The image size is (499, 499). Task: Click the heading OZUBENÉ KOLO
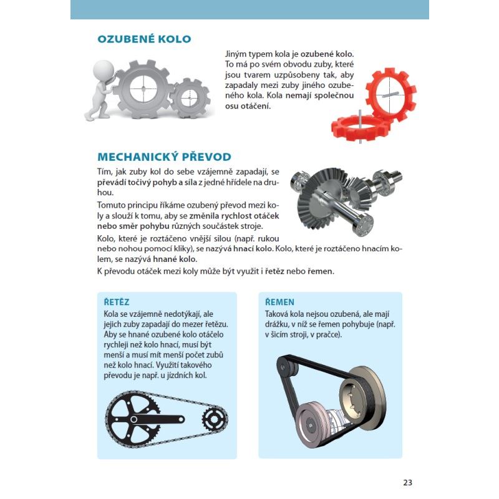pos(144,39)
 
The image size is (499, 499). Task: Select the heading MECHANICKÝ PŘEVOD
pos(164,157)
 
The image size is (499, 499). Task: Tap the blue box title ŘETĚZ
pos(117,302)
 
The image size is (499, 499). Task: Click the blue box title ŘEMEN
pos(279,302)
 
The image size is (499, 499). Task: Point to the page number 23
pos(408,482)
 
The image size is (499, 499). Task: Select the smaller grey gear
pos(190,99)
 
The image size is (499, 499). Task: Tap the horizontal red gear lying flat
pos(361,128)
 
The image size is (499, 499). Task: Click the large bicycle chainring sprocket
pos(133,419)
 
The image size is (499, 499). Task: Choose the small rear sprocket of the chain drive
pos(215,419)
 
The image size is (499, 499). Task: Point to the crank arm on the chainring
pos(156,419)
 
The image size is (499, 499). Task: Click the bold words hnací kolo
pos(253,248)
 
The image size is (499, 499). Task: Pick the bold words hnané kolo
pos(175,259)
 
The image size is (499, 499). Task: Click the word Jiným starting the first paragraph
pos(236,54)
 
